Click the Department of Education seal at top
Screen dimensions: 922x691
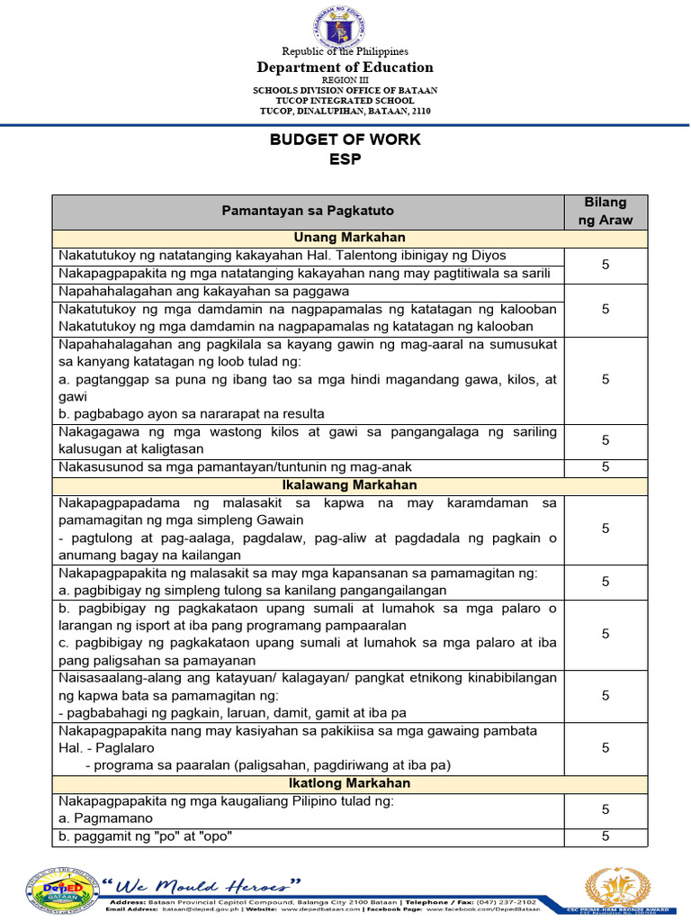click(345, 27)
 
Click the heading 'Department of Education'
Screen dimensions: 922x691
click(345, 68)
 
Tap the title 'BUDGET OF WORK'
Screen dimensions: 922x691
click(345, 140)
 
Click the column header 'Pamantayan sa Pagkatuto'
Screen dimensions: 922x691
click(308, 211)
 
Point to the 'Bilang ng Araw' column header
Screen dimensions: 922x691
click(606, 211)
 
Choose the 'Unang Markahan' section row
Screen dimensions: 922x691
click(349, 238)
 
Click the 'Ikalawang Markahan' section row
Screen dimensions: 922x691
click(349, 485)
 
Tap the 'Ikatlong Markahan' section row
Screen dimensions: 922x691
click(349, 783)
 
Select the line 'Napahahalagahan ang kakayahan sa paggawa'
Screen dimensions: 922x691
click(203, 292)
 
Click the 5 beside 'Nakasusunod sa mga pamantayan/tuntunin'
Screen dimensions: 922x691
click(606, 467)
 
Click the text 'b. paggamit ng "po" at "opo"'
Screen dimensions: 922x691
click(146, 836)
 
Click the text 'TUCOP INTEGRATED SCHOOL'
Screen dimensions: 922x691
click(345, 100)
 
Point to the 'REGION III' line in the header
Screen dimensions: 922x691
click(345, 80)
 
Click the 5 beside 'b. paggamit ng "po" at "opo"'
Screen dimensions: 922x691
click(606, 836)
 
